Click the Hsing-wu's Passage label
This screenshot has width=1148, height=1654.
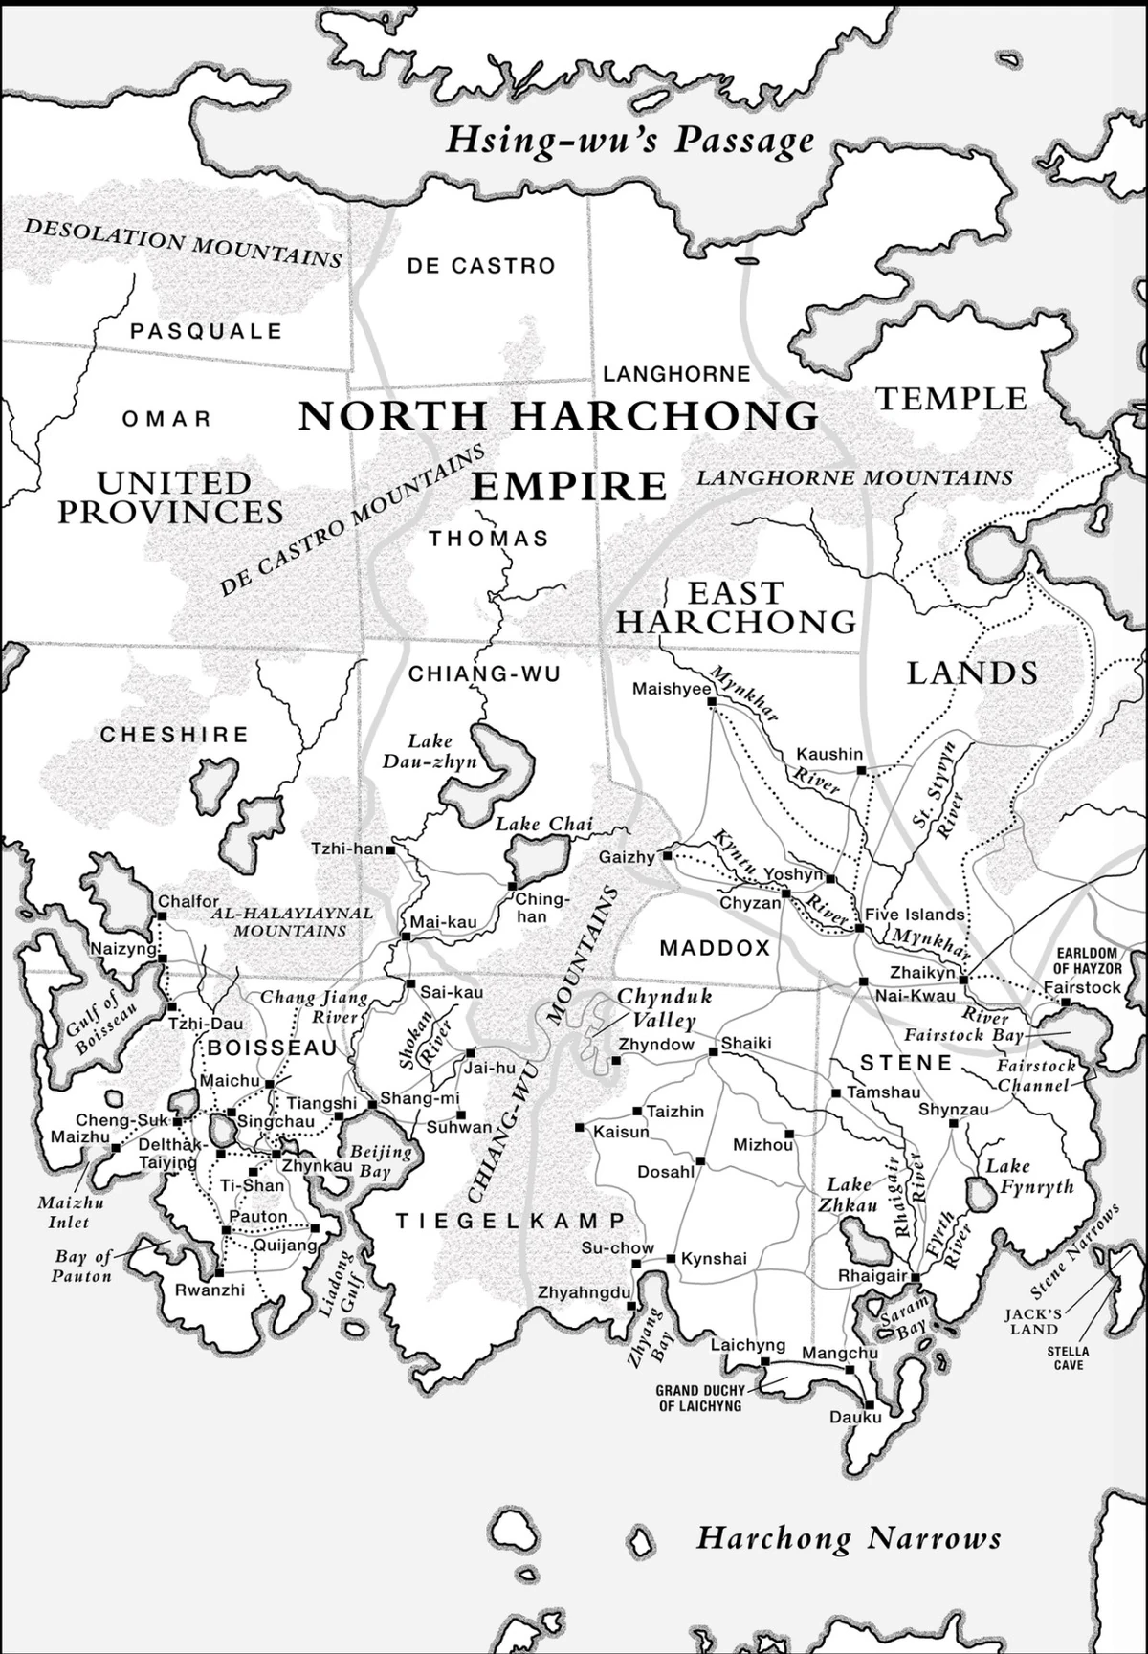[629, 141]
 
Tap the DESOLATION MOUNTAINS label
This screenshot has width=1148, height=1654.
[182, 243]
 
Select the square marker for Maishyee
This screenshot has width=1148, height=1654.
[712, 701]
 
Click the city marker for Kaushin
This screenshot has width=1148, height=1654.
[861, 769]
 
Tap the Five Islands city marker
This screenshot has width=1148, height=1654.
[858, 928]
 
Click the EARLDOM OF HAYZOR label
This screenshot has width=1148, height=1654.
[1087, 960]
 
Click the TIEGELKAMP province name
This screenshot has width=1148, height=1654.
[511, 1221]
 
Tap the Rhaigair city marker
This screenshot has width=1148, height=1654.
[915, 1277]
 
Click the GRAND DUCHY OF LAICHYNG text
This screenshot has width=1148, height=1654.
[699, 1398]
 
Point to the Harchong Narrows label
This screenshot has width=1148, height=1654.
[848, 1537]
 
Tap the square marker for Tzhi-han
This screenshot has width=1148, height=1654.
[390, 849]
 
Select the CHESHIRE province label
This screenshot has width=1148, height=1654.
[174, 735]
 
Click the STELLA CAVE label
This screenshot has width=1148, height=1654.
[1068, 1357]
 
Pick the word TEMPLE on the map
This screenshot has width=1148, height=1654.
[951, 398]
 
